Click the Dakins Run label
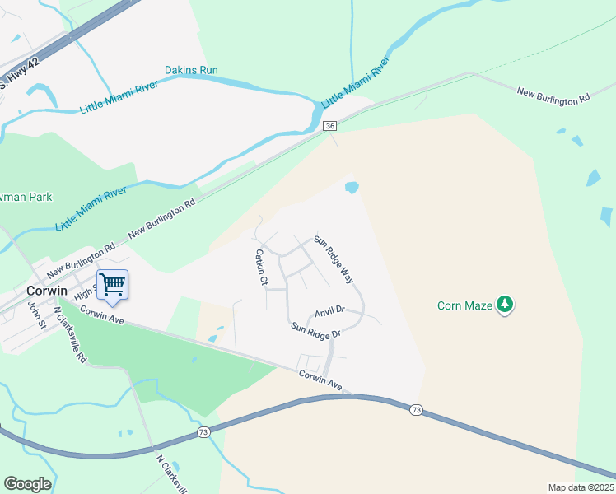pyautogui.click(x=191, y=70)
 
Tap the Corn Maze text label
pyautogui.click(x=464, y=306)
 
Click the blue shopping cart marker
pyautogui.click(x=113, y=285)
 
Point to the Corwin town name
pyautogui.click(x=46, y=291)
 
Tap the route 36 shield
pyautogui.click(x=329, y=125)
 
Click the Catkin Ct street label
pyautogui.click(x=262, y=267)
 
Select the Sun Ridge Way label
pyautogui.click(x=334, y=261)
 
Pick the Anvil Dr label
pyautogui.click(x=329, y=312)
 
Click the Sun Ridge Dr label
pyautogui.click(x=315, y=330)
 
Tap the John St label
pyautogui.click(x=35, y=314)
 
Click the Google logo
pyautogui.click(x=27, y=484)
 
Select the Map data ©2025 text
pyautogui.click(x=581, y=487)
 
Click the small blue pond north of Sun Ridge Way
pyautogui.click(x=352, y=188)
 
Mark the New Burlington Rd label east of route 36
pyautogui.click(x=553, y=94)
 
